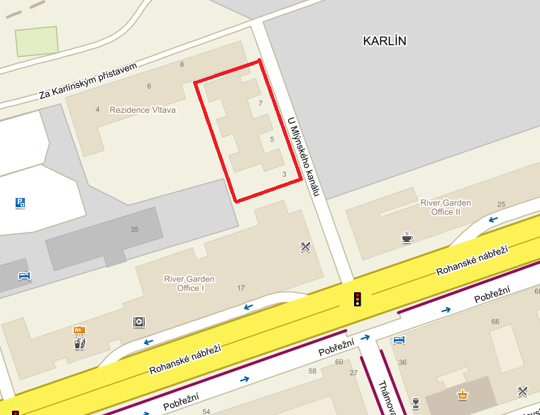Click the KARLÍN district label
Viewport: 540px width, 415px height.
[384, 41]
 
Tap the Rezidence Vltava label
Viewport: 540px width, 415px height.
[142, 110]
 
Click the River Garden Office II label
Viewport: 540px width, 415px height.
[446, 207]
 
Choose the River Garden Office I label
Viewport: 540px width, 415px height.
[189, 283]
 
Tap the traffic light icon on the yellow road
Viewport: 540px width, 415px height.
[358, 299]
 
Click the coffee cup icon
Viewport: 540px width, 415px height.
[407, 238]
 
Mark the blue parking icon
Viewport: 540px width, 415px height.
[20, 203]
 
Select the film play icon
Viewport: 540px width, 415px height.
[138, 322]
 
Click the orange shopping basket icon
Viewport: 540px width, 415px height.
[463, 394]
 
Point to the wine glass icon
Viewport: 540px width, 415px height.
[415, 404]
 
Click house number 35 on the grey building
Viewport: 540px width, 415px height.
[135, 229]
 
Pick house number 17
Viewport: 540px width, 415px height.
[241, 287]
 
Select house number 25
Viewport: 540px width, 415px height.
[501, 204]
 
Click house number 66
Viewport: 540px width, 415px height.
[495, 321]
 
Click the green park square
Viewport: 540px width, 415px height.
[37, 41]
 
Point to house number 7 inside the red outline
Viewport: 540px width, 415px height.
[260, 104]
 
